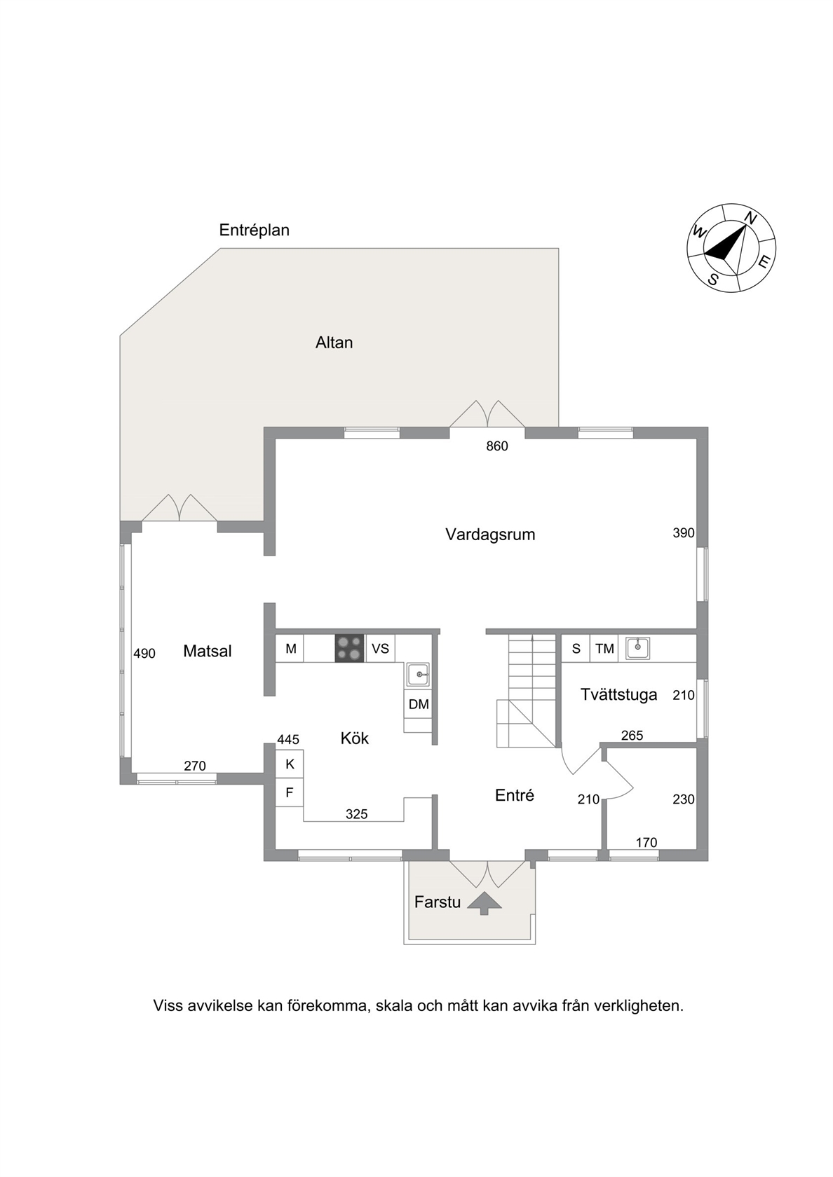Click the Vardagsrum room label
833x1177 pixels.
[x=490, y=535]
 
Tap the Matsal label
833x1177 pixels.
[x=208, y=652]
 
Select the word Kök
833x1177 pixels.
[x=355, y=738]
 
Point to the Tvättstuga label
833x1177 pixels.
[x=618, y=695]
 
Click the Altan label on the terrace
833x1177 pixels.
[x=334, y=343]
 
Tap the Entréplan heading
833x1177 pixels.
[x=255, y=230]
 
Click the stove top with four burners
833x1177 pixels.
[x=350, y=649]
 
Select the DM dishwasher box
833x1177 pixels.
[x=419, y=704]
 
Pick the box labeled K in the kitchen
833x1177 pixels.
[x=290, y=764]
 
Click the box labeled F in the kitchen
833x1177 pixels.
[x=290, y=792]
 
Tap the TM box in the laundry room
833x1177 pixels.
[x=604, y=649]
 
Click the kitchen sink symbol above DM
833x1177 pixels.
[x=419, y=675]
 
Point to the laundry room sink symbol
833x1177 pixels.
[x=637, y=648]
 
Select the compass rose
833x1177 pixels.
[x=731, y=247]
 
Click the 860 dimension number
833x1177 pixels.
[x=497, y=447]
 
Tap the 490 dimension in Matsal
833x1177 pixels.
[x=144, y=654]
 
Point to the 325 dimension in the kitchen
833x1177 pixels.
[x=356, y=814]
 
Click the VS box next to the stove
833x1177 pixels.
[x=380, y=649]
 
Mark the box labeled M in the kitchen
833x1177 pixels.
[x=290, y=649]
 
